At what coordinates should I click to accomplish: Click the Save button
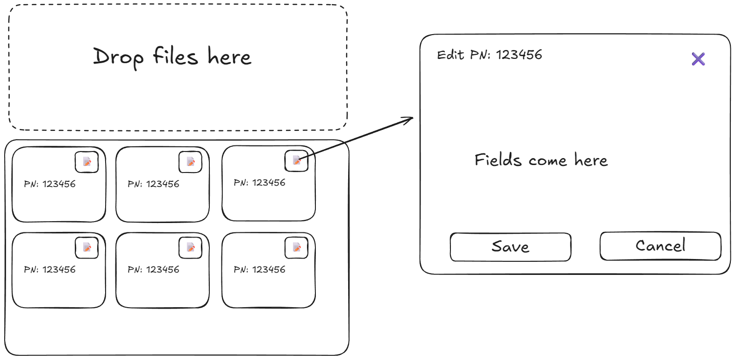tap(510, 247)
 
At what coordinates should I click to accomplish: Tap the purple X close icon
tap(698, 59)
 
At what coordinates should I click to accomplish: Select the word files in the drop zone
tap(175, 56)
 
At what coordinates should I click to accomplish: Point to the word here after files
tap(229, 57)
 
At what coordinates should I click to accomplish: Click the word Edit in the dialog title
tap(450, 55)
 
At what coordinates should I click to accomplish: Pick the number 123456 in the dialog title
tap(519, 55)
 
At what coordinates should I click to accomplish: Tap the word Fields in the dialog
tap(498, 160)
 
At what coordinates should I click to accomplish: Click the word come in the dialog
tap(548, 161)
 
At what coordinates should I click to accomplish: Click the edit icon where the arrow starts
tap(297, 161)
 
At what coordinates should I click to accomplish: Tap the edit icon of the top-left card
tap(87, 162)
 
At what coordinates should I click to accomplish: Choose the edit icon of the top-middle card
tap(191, 162)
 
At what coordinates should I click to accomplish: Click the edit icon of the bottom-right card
tap(297, 247)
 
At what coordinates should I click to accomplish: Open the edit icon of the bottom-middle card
tap(191, 247)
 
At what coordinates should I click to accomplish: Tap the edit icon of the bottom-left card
tap(87, 247)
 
